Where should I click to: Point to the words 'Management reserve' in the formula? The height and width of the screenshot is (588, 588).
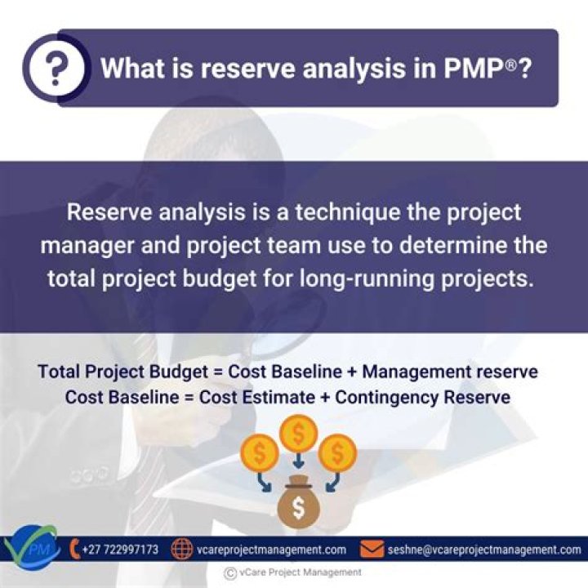[x=450, y=372]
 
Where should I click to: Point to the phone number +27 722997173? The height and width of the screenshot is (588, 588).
[x=120, y=550]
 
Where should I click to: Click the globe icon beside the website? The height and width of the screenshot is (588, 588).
[x=181, y=550]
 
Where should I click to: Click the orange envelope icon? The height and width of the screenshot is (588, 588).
[x=372, y=550]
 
